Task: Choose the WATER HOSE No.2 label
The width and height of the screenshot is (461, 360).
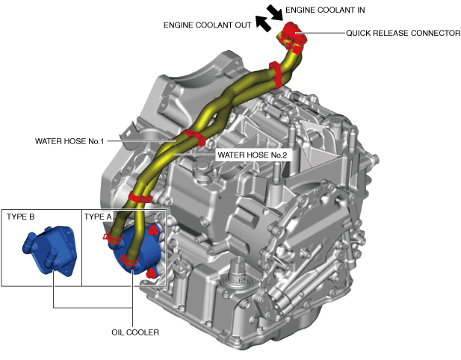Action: [252, 155]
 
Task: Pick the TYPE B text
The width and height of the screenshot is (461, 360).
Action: [21, 217]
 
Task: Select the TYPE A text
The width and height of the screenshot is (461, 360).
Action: [98, 217]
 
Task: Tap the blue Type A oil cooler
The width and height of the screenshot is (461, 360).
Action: [136, 250]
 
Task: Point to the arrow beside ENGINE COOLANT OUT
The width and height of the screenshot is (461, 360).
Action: [262, 24]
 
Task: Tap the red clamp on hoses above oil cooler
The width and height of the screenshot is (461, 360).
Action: [140, 199]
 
